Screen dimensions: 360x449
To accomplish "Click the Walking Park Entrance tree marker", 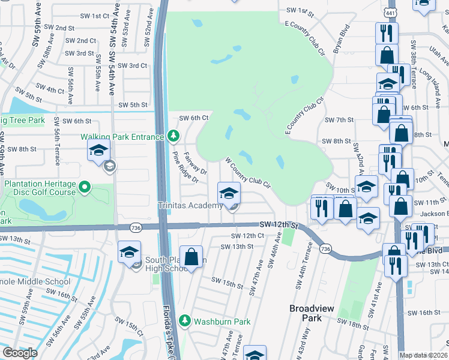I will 173,137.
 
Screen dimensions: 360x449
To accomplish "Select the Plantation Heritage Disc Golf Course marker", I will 85,188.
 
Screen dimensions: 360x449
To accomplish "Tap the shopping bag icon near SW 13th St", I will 191,257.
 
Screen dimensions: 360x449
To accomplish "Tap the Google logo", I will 20,353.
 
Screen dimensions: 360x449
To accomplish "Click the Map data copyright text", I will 423,355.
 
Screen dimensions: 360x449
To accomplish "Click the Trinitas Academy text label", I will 191,206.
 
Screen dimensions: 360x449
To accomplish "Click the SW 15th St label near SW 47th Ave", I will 225,280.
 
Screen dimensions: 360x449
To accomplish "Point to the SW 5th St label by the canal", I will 133,105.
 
